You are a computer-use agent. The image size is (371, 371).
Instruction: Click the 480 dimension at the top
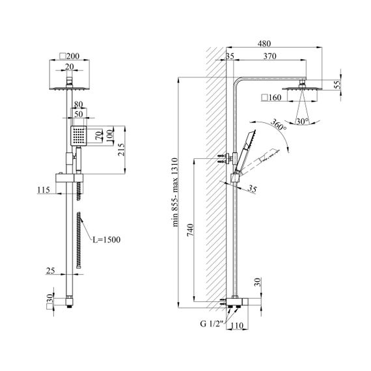click(264, 44)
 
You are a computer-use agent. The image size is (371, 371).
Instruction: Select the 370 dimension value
click(269, 57)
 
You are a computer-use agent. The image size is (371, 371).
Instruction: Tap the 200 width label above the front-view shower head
click(73, 57)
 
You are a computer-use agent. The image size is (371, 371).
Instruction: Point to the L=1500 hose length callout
click(107, 240)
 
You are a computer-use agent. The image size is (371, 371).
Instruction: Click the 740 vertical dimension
click(191, 230)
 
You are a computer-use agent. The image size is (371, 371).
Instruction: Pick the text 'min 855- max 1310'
click(175, 192)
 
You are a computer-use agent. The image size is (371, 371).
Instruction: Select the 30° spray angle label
click(303, 121)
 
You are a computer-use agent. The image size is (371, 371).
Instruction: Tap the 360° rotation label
click(279, 125)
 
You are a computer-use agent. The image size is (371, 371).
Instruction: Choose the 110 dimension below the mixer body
click(237, 326)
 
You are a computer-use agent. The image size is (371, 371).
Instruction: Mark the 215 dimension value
click(121, 150)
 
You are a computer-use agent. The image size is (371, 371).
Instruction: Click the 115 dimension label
click(44, 190)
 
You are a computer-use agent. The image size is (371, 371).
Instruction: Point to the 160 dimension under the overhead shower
click(275, 98)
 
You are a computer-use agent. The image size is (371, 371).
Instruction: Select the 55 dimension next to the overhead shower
click(338, 85)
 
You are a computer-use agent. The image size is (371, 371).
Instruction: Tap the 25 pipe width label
click(50, 271)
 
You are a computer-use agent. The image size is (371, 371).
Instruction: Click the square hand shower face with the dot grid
click(79, 136)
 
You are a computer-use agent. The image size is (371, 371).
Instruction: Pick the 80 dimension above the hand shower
click(79, 104)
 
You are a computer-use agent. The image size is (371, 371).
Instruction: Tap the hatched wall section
click(216, 178)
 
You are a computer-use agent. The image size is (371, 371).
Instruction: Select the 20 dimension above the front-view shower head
click(70, 67)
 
